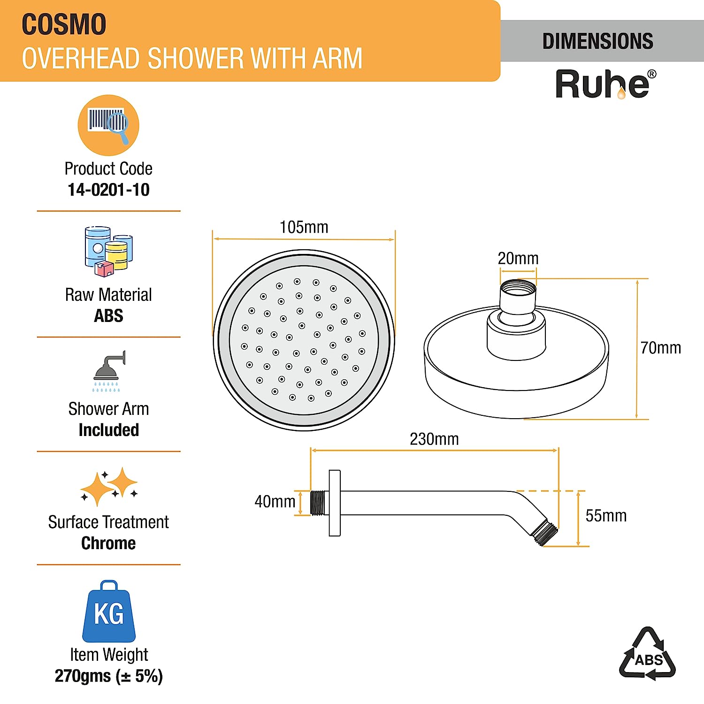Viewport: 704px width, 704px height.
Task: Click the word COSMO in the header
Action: click(x=64, y=24)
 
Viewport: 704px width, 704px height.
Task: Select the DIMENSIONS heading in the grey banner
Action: click(x=597, y=41)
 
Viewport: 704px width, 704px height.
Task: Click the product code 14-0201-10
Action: click(x=108, y=190)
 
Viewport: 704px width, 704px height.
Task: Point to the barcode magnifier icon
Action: click(x=108, y=125)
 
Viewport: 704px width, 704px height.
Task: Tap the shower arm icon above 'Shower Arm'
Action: click(x=109, y=370)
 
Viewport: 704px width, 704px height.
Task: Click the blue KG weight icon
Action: click(x=109, y=612)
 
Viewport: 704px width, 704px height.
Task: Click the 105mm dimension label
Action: click(x=304, y=227)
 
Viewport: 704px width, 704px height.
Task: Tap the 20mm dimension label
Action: click(x=518, y=258)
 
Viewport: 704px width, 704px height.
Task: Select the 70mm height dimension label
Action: click(x=660, y=348)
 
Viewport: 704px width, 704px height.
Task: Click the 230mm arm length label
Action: click(x=434, y=439)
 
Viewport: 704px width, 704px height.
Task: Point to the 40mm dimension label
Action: click(x=275, y=501)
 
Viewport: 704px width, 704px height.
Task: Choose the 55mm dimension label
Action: click(x=606, y=516)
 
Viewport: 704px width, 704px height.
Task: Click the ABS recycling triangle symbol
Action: click(x=648, y=654)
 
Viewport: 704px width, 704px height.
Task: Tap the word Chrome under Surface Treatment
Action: click(x=108, y=543)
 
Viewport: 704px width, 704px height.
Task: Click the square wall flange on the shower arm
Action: click(x=335, y=503)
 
